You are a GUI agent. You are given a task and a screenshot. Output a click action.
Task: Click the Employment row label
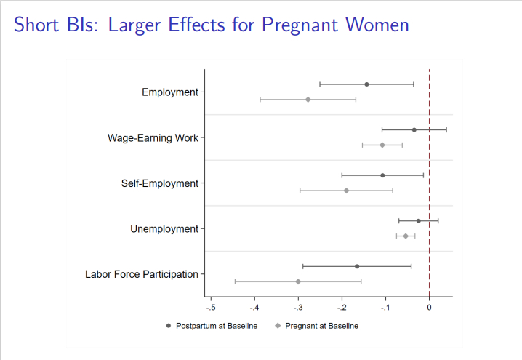tap(170, 92)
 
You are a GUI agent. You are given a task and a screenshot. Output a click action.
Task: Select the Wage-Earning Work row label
tap(153, 138)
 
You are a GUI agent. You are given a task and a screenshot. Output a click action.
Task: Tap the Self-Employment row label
tap(159, 183)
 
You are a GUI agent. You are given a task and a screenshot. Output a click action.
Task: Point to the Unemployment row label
tap(164, 229)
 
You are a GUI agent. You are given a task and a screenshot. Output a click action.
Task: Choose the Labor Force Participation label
tap(142, 274)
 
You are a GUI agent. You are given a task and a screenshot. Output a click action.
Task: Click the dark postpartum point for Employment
tap(366, 84)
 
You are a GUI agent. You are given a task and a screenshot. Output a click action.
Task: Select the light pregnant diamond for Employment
tap(308, 100)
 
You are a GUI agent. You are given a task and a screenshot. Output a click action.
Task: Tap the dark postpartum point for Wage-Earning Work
tap(414, 129)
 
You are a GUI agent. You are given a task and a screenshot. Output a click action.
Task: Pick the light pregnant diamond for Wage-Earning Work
tap(382, 145)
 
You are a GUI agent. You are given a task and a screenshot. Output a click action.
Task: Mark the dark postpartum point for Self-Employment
tap(382, 175)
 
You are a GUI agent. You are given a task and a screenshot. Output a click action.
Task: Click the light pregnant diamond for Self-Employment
tap(346, 191)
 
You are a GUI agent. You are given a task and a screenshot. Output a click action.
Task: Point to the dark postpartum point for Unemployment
tap(419, 220)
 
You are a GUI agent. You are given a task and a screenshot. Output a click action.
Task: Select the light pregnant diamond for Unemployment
tap(406, 236)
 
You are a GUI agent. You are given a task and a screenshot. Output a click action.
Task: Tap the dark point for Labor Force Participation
tap(357, 266)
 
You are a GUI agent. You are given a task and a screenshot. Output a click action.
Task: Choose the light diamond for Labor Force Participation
tap(298, 281)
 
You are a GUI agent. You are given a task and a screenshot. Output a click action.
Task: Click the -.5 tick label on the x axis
tap(211, 307)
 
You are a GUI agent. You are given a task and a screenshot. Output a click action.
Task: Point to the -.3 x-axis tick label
tap(298, 307)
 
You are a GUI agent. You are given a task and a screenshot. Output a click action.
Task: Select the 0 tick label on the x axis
tap(429, 307)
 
